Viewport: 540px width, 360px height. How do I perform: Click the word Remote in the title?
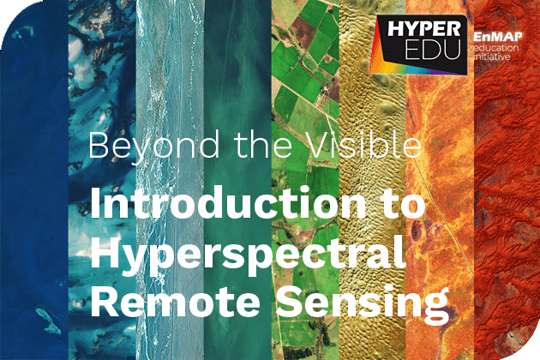click(x=176, y=301)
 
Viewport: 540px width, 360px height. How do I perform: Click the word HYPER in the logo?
click(x=423, y=28)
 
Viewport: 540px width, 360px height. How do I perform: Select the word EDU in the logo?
click(x=433, y=49)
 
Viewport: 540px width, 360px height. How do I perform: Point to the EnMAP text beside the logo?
click(x=498, y=37)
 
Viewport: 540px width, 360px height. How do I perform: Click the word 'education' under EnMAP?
click(x=496, y=47)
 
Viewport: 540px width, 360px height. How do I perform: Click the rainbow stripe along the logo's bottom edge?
click(x=418, y=69)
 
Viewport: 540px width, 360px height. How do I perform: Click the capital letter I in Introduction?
click(x=95, y=203)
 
